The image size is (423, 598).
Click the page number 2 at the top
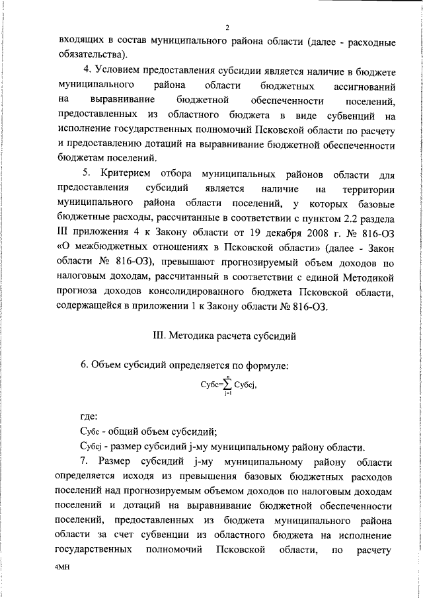pyautogui.click(x=226, y=27)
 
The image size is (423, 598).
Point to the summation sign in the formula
pyautogui.click(x=227, y=385)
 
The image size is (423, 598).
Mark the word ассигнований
pyautogui.click(x=362, y=86)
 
